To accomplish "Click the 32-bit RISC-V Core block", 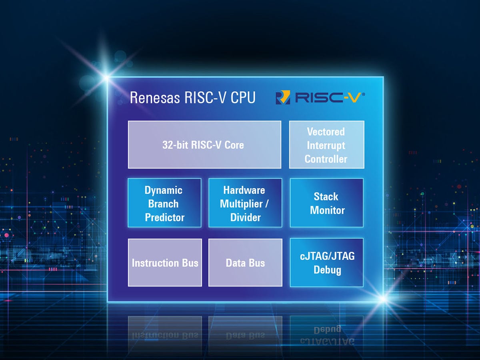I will [x=204, y=144].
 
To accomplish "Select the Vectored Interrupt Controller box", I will [x=326, y=145].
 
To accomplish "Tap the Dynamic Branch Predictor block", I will [x=164, y=203].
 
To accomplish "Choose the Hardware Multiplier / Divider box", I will [x=245, y=203].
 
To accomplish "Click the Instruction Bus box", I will [x=165, y=263].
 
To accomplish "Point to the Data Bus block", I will [x=245, y=263].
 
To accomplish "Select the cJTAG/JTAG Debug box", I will [x=326, y=262].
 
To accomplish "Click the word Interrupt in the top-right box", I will [x=326, y=145].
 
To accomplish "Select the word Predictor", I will [x=164, y=217].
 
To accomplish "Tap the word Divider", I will [x=245, y=217].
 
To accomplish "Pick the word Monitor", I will [x=327, y=210].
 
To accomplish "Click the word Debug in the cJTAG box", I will [x=327, y=270].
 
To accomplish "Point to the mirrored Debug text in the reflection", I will [x=327, y=330].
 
